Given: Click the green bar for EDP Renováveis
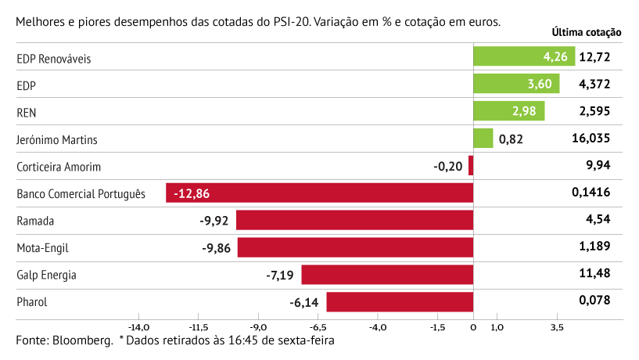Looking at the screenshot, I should (523, 56).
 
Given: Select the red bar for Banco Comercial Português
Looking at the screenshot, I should (320, 193).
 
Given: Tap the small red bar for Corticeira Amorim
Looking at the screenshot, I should (471, 166).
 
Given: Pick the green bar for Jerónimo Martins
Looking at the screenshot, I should (483, 139).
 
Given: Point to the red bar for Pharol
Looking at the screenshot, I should (400, 302).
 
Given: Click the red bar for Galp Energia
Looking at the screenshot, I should (387, 275).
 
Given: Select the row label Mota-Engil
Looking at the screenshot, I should (43, 248).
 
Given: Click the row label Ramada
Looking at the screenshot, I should (35, 221).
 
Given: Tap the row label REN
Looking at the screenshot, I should (27, 112).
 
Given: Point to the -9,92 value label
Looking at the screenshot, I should (214, 221).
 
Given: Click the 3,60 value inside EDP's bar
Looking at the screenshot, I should (540, 85).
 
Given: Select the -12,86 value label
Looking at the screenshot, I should (192, 193).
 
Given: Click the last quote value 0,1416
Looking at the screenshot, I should (591, 193).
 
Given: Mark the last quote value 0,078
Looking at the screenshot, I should (594, 302).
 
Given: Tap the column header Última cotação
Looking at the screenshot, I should (587, 33).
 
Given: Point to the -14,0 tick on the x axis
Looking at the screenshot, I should (139, 327).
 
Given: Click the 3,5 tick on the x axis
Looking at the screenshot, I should (557, 327).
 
